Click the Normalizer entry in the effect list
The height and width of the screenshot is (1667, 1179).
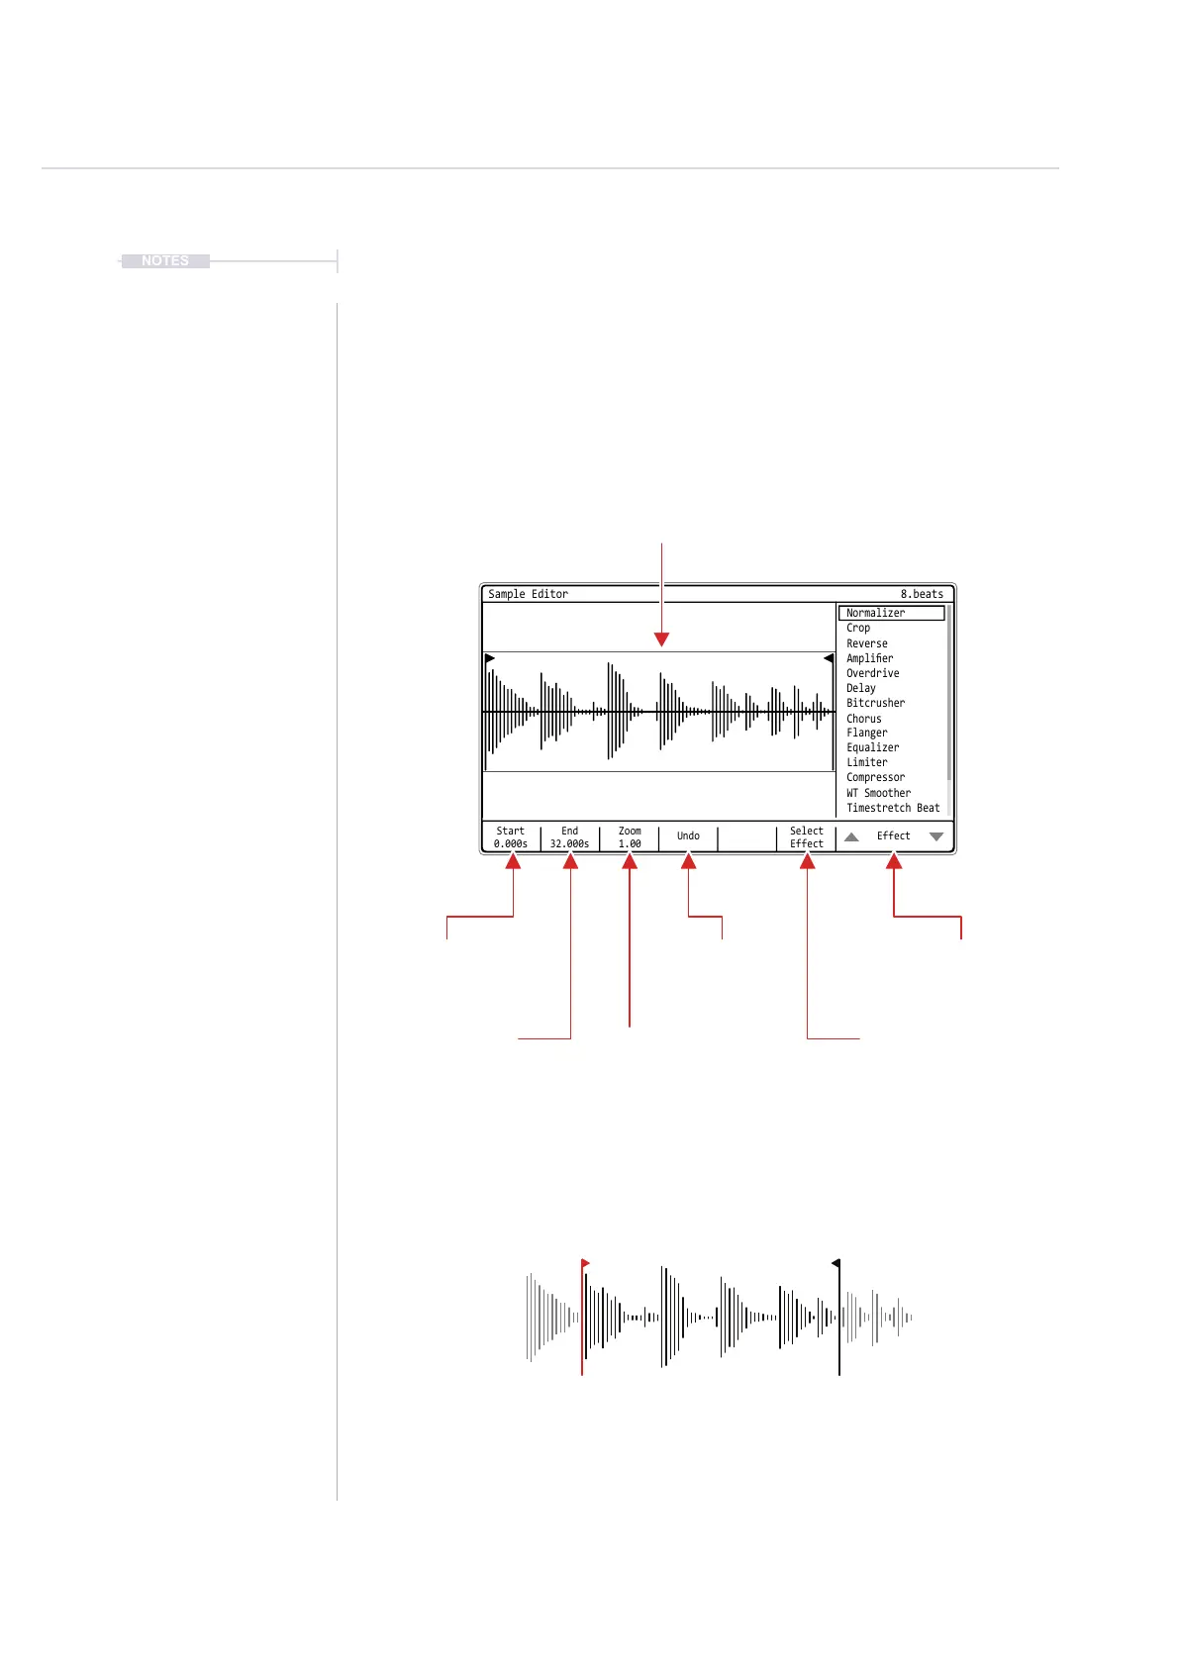[x=876, y=613]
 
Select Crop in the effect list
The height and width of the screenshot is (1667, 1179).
[x=858, y=628]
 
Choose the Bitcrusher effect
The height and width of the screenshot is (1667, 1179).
[x=875, y=703]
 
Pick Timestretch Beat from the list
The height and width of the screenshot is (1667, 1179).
[x=893, y=808]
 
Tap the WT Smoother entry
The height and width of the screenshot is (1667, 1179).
[x=878, y=793]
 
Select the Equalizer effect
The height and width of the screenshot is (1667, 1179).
[x=872, y=747]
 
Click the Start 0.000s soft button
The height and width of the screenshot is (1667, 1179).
[x=511, y=837]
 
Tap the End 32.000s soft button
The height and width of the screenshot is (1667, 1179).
[x=570, y=837]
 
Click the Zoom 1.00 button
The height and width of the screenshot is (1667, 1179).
[x=630, y=837]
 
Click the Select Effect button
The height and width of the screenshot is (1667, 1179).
[x=807, y=837]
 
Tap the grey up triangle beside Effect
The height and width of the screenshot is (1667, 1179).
[x=851, y=836]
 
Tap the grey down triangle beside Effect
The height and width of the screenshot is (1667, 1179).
[x=936, y=836]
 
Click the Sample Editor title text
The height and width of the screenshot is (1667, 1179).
[x=528, y=594]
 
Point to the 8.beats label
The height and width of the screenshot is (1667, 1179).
[x=922, y=594]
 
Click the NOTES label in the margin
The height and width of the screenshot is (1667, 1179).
[x=165, y=261]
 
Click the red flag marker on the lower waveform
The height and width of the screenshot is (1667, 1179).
[x=585, y=1264]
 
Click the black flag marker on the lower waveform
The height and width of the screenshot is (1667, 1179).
[x=836, y=1263]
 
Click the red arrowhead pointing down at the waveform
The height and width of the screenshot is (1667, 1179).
[x=662, y=640]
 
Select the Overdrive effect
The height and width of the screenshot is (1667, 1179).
[x=872, y=673]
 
